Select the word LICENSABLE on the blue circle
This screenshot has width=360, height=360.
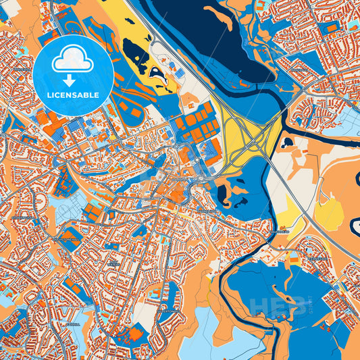(x=73, y=95)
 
